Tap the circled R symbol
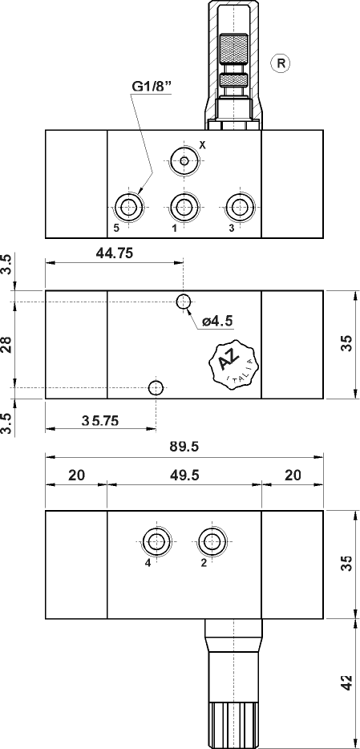click(280, 63)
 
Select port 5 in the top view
click(127, 207)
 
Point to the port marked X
click(184, 161)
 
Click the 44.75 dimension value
click(114, 253)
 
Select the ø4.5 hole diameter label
click(216, 321)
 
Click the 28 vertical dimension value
click(7, 345)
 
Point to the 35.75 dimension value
click(101, 420)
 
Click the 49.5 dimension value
click(184, 475)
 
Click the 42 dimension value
click(345, 683)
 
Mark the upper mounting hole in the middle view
click(184, 302)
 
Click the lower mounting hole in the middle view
click(156, 388)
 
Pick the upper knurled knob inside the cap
click(233, 50)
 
